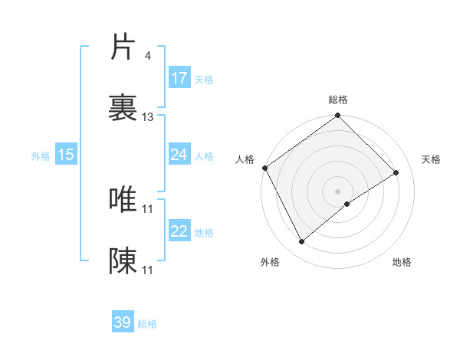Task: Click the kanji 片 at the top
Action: point(123,47)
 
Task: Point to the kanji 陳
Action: point(123,261)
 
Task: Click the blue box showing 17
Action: point(179,78)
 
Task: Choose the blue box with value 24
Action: point(179,155)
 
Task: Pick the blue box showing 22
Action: point(179,232)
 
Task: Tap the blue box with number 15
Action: point(66,155)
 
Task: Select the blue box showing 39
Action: point(123,322)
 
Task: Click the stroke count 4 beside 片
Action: point(147,55)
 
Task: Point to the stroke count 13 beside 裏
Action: point(148,117)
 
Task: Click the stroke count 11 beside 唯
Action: point(148,208)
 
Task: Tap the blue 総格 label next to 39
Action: point(147,324)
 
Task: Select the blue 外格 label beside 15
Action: point(41,155)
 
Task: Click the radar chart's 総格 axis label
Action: point(338,100)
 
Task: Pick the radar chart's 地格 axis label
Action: point(402,262)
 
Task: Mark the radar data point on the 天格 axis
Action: point(396,172)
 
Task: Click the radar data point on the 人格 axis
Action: point(264,168)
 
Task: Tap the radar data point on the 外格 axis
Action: point(302,242)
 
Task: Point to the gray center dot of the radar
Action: point(338,191)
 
